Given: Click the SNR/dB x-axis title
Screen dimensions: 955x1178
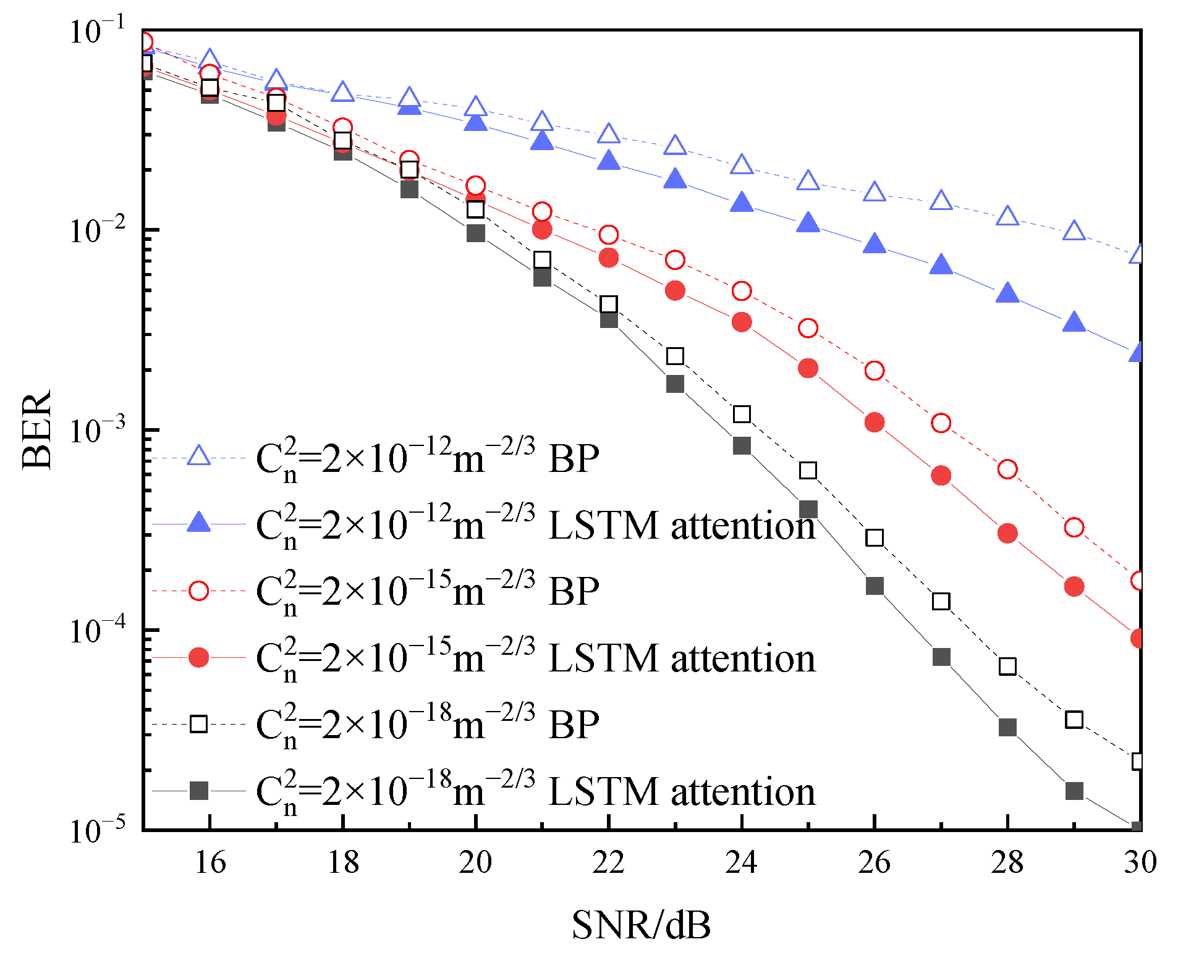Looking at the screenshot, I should coord(641,925).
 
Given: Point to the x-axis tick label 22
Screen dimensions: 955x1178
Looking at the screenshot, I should coord(608,862).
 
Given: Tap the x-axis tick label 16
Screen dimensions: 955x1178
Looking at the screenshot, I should coord(210,862).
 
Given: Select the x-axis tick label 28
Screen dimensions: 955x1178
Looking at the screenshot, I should coord(1007,862).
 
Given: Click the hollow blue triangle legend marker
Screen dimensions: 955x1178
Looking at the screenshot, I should coord(198,456).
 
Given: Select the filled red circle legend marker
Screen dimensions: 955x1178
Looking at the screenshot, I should coord(198,657).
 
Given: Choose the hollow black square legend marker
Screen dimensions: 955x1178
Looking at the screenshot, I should coord(198,724).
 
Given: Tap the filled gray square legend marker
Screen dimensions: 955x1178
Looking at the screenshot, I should coord(198,791).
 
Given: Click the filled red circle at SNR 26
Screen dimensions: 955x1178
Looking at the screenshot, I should coord(875,423).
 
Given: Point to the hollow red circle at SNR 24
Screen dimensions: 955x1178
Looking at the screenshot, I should coord(742,291).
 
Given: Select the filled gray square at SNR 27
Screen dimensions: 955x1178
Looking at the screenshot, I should coord(941,657).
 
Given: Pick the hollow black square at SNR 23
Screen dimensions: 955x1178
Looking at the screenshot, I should coord(675,356).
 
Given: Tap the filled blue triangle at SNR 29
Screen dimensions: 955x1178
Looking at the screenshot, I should coord(1074,322).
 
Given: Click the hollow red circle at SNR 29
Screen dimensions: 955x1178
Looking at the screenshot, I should coord(1074,528).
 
